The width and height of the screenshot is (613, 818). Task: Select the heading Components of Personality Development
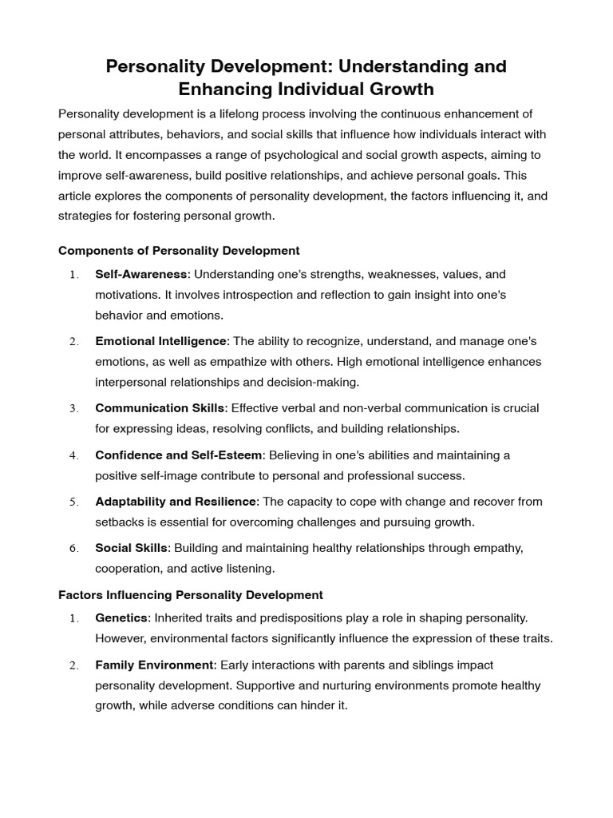click(179, 250)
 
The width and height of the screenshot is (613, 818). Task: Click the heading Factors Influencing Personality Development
click(191, 594)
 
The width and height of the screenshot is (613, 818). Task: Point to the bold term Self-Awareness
click(141, 274)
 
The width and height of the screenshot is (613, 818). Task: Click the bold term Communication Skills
click(160, 408)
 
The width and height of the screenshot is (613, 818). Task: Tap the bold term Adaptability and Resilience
click(176, 502)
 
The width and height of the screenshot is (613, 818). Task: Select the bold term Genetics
click(121, 618)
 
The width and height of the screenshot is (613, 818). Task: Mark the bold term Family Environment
click(154, 665)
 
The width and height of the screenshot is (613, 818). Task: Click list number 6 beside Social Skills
click(73, 549)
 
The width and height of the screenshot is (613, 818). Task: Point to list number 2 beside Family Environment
click(73, 665)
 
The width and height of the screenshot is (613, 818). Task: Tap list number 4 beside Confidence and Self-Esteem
click(73, 456)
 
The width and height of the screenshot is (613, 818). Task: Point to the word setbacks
click(119, 522)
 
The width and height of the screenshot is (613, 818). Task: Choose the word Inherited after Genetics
click(179, 618)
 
